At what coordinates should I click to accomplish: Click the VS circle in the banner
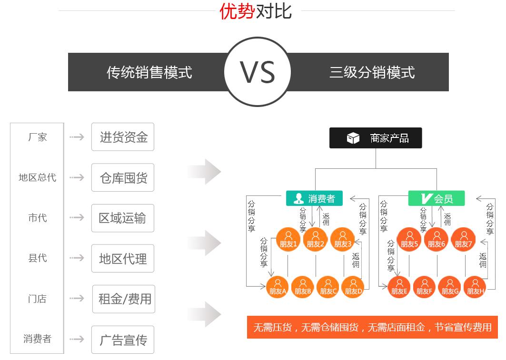coord(257,72)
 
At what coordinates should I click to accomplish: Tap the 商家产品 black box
coord(376,138)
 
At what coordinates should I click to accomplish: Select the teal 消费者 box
coord(315,198)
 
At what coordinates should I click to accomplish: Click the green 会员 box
coord(437,198)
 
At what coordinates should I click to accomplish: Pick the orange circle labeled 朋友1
coord(288,240)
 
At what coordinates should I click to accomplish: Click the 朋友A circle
coord(278,287)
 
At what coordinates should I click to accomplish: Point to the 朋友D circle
coord(353,287)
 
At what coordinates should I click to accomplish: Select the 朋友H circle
coord(475,287)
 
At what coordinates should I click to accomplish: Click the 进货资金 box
coord(123,137)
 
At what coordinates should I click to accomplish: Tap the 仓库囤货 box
coord(123,178)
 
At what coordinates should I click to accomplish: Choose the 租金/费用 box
coord(124,299)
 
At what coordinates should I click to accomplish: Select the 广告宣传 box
coord(123,340)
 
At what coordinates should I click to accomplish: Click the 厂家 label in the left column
coord(37,137)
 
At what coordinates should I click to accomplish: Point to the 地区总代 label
coord(37,177)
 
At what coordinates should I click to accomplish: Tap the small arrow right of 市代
coord(77,218)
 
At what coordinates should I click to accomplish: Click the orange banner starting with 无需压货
coord(372,327)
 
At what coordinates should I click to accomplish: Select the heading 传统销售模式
coord(149,72)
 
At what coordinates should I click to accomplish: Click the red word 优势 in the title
coord(237,11)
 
